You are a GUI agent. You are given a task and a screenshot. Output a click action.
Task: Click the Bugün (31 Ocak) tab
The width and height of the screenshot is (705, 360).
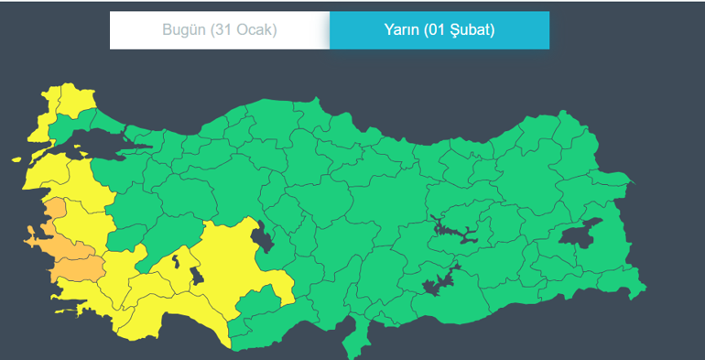220,30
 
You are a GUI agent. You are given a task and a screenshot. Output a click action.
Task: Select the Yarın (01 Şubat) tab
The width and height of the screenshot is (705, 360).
439,30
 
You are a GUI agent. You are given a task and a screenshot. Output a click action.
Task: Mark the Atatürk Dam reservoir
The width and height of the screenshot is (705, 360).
439,283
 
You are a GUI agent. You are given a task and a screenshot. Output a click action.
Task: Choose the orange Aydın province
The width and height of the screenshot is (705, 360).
79,267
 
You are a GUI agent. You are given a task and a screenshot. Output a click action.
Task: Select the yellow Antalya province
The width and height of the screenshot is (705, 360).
183,316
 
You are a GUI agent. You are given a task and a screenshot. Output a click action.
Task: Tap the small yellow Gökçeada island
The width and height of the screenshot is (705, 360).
16,159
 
